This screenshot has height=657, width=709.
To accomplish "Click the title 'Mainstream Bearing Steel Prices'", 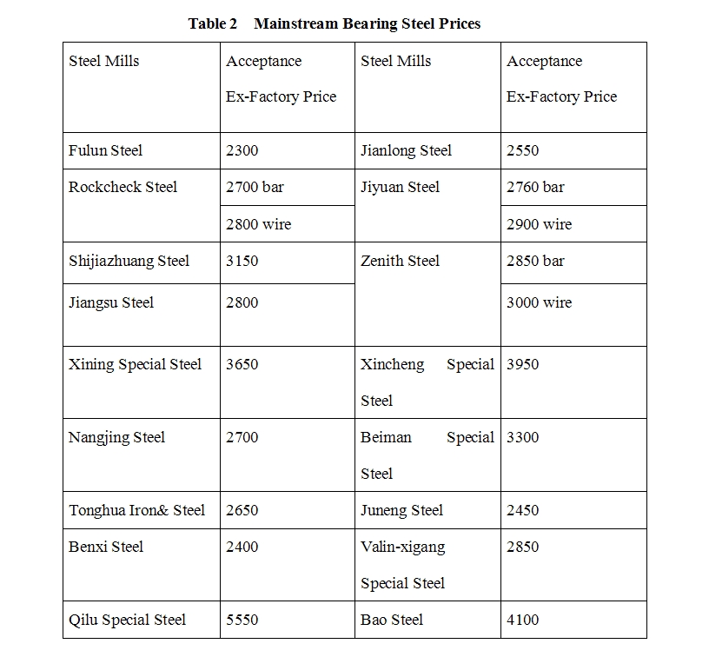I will coord(367,24).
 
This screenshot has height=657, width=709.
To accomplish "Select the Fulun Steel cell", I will coord(105,150).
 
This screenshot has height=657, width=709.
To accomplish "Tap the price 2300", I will coord(242,150).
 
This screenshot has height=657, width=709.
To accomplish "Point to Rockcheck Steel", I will coord(123,187).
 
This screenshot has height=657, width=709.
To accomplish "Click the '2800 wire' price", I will coord(258,224).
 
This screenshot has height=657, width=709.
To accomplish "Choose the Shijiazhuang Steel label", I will coord(129,261).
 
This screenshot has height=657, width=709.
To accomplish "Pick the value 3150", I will coord(242,261).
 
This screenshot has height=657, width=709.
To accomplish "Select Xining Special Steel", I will coord(135,364).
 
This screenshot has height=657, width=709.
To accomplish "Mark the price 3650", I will coord(242,364).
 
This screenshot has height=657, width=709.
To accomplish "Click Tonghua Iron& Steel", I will coord(136,510).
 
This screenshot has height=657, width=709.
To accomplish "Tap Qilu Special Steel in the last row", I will coord(127,620).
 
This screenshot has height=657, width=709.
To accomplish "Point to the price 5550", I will coord(242,620).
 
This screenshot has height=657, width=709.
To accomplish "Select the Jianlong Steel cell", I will coord(406,150).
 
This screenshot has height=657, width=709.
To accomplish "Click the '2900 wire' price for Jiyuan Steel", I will coord(539,224).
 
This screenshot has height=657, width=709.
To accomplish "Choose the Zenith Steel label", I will coord(400,261).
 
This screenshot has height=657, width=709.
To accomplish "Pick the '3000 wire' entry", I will coord(539,302).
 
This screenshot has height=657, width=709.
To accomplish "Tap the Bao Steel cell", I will coord(392,620).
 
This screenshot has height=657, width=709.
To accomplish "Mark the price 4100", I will coord(522,620).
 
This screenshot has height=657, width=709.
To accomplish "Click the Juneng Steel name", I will coord(401,510).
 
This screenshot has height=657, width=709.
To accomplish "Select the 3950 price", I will coord(522,364).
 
